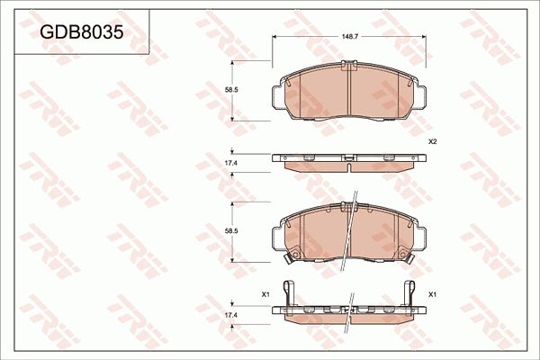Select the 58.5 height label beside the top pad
tap(230, 91)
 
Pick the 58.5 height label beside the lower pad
tap(230, 232)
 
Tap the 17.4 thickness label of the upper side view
tap(230, 162)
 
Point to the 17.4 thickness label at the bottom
tap(230, 316)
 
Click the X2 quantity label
tap(432, 142)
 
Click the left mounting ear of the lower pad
tap(276, 236)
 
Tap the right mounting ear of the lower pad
tap(418, 236)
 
